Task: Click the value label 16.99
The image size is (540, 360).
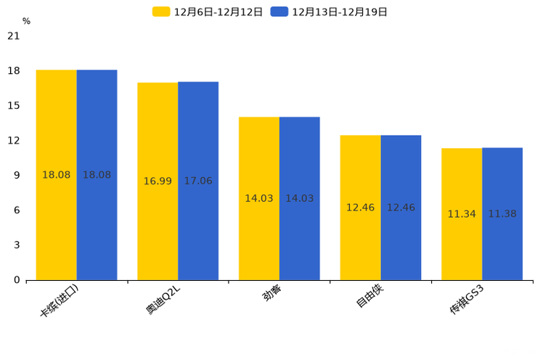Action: click(157, 181)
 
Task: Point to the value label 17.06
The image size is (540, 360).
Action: click(198, 181)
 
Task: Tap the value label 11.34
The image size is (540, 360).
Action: click(462, 214)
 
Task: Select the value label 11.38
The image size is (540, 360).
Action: click(502, 214)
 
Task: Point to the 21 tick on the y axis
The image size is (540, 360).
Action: click(13, 36)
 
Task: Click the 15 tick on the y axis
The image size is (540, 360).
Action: click(13, 105)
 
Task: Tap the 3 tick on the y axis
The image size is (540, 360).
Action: click(16, 245)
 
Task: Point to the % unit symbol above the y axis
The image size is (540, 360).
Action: click(26, 21)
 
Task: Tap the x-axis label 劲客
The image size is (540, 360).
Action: click(272, 293)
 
